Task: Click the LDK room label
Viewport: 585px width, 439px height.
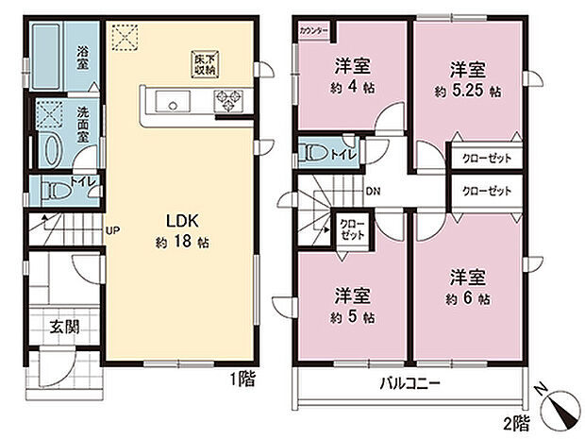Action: point(181,221)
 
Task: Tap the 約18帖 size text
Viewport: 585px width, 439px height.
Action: point(181,242)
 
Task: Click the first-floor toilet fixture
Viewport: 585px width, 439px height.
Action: point(56,188)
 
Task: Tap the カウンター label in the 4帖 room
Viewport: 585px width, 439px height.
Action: point(313,31)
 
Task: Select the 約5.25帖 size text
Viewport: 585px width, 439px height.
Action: point(467,93)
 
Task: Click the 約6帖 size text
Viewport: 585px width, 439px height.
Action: point(468,298)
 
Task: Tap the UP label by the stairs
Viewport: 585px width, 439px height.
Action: point(112,230)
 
